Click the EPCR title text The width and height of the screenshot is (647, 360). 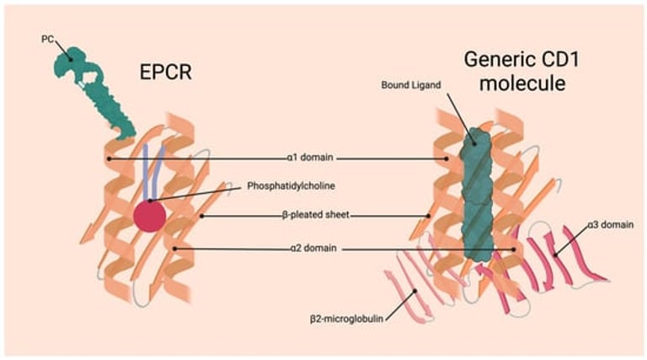pyautogui.click(x=167, y=72)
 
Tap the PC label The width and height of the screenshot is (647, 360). pyautogui.click(x=46, y=39)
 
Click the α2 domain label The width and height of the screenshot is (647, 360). pyautogui.click(x=306, y=249)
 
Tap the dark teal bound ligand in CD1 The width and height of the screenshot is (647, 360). pyautogui.click(x=477, y=194)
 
